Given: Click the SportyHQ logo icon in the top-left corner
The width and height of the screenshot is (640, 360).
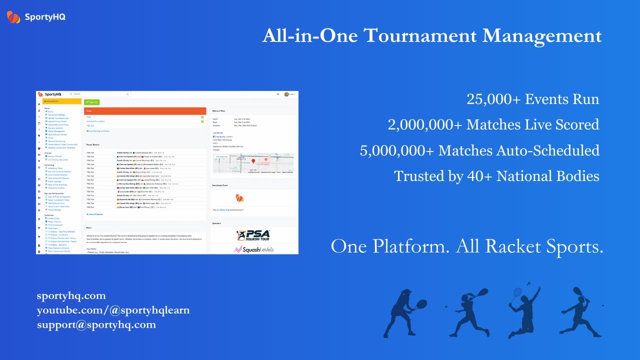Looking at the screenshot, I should tap(13, 17).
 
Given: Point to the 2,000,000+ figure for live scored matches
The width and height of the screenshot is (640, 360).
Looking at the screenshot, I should tap(425, 124).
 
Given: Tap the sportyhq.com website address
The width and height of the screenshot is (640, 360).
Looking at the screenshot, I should tap(71, 295).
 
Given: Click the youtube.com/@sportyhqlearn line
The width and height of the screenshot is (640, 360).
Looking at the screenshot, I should tap(113, 310).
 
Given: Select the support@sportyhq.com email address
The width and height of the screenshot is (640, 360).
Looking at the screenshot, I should tap(96, 324).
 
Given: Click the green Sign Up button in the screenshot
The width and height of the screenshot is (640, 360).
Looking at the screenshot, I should tap(91, 102).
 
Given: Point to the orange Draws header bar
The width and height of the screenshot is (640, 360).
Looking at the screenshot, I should tap(145, 111).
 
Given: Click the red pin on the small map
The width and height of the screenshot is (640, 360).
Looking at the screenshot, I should tap(253, 161).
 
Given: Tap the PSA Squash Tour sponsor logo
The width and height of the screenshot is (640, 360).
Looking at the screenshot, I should tap(253, 234).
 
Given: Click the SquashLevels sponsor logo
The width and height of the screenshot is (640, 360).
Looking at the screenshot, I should tap(254, 249).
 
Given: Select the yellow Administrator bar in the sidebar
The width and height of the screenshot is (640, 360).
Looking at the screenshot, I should tap(59, 101).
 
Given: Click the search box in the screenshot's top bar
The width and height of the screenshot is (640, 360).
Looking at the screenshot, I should tap(101, 94).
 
